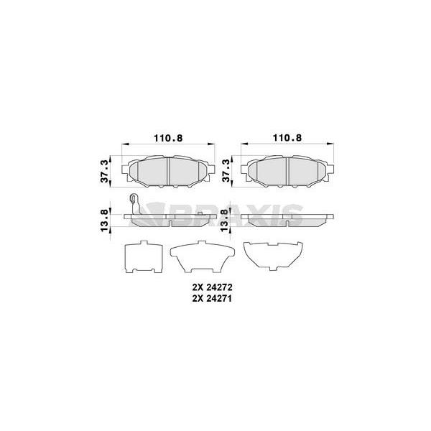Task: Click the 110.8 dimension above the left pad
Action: pyautogui.click(x=168, y=138)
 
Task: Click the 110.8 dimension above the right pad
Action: pyautogui.click(x=287, y=138)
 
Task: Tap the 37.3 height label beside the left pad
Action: pyautogui.click(x=104, y=171)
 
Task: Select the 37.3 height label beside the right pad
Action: pyautogui.click(x=226, y=171)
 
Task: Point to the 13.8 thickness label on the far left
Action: pyautogui.click(x=104, y=221)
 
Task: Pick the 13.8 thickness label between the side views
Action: pyautogui.click(x=225, y=221)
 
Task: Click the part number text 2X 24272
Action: pyautogui.click(x=212, y=287)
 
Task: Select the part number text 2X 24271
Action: pyautogui.click(x=212, y=299)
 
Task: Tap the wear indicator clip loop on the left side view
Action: pyautogui.click(x=134, y=198)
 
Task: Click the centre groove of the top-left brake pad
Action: pyautogui.click(x=169, y=171)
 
